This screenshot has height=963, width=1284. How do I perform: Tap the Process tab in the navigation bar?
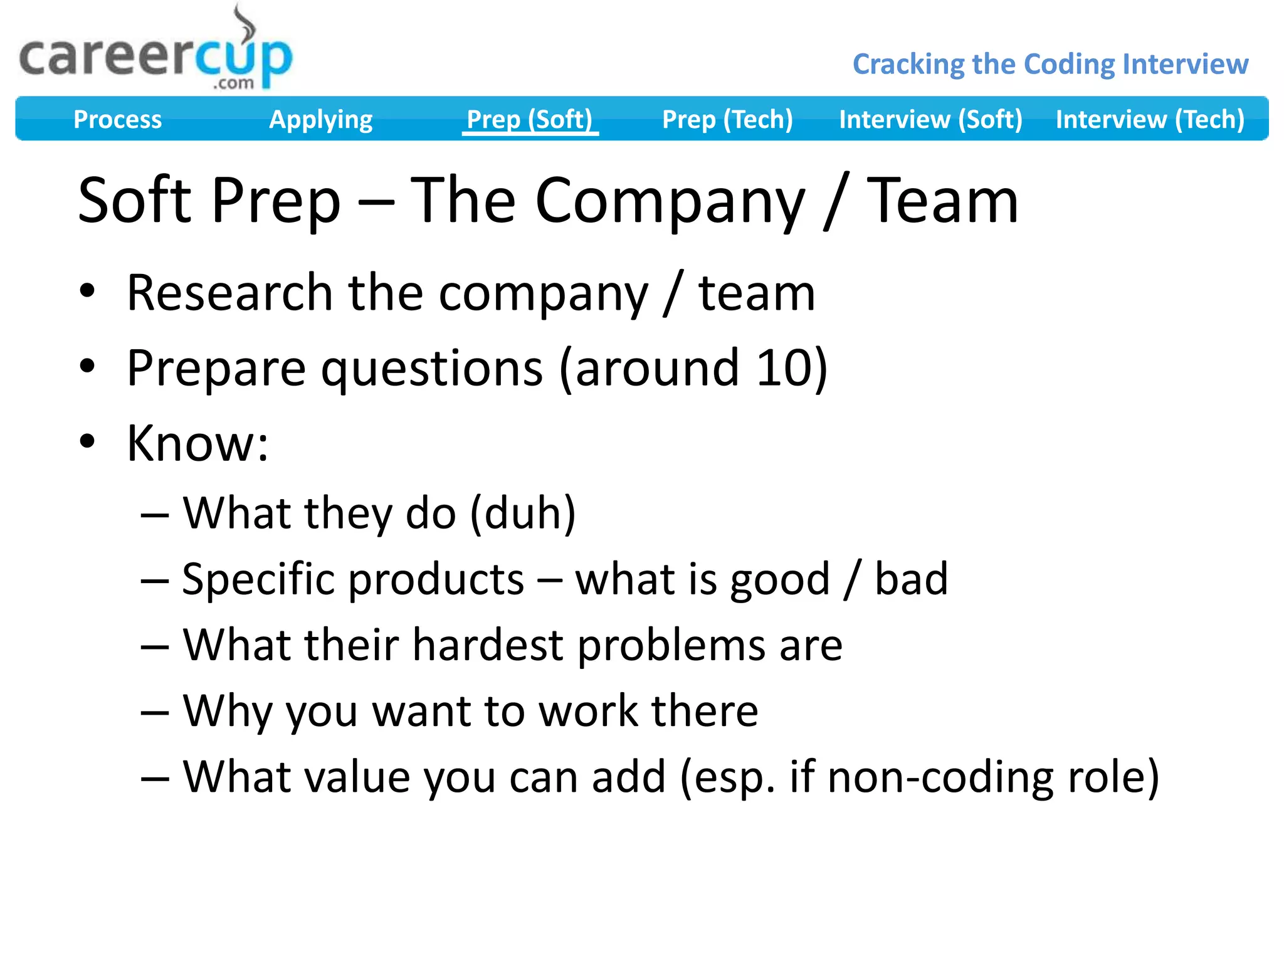[117, 119]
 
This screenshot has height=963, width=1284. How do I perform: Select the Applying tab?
[320, 119]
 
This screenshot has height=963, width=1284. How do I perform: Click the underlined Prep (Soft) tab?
[530, 119]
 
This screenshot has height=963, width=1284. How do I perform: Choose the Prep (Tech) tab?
[727, 119]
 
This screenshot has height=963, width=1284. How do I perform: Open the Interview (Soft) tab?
[930, 119]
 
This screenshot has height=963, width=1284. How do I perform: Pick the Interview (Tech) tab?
[1150, 119]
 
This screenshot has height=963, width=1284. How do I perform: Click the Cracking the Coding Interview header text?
[1050, 64]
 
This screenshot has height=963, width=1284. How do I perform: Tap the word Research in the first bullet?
[229, 293]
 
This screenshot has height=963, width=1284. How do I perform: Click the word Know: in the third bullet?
[197, 443]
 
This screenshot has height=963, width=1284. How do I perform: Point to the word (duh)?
[522, 513]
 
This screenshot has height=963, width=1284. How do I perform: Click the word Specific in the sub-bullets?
[259, 579]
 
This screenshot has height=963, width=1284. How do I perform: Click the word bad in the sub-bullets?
[911, 579]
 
